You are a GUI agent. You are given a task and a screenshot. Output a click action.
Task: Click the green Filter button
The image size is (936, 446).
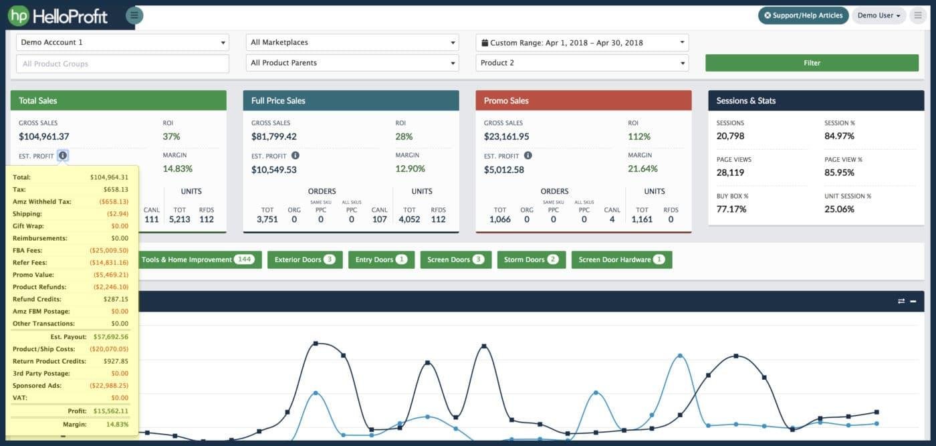812,63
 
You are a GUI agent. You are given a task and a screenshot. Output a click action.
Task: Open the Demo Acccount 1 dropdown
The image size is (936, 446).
122,42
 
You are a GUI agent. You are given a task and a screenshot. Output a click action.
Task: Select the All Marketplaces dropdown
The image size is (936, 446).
352,42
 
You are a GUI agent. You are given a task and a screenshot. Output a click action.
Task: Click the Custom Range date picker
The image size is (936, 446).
582,42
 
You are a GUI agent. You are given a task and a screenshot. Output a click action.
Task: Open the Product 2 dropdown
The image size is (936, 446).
582,63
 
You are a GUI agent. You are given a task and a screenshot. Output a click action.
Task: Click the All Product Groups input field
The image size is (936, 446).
122,64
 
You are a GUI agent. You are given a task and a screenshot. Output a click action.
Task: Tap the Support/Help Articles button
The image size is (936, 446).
803,15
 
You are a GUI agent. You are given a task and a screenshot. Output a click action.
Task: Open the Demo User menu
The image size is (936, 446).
879,15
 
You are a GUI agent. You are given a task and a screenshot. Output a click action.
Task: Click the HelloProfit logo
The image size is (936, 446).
58,15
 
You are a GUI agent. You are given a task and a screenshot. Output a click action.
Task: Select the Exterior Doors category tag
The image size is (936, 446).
305,259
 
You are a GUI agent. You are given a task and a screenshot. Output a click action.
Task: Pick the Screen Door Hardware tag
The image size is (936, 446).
621,259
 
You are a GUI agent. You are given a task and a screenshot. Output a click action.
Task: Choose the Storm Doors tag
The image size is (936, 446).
532,259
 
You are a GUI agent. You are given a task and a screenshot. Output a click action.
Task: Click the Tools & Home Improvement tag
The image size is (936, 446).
198,259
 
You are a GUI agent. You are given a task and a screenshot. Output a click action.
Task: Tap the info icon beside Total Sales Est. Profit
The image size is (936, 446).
62,156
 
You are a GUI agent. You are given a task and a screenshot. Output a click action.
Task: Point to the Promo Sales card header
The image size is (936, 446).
583,100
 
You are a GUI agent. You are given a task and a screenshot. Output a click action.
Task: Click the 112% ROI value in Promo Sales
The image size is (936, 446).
638,136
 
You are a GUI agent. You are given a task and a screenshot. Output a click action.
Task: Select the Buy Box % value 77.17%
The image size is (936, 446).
731,209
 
